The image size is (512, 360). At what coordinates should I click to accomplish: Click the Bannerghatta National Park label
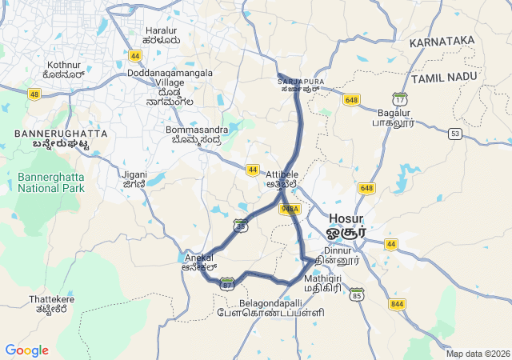[50, 182]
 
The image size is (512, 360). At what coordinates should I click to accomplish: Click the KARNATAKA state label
[442, 41]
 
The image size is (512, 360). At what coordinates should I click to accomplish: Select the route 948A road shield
[290, 209]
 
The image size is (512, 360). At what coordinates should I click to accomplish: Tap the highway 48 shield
[34, 94]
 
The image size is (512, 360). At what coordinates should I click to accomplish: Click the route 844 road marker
[398, 304]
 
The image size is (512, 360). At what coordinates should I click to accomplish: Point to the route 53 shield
[455, 134]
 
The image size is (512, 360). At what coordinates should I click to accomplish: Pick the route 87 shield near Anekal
[228, 284]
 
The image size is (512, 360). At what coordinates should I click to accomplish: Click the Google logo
[26, 350]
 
